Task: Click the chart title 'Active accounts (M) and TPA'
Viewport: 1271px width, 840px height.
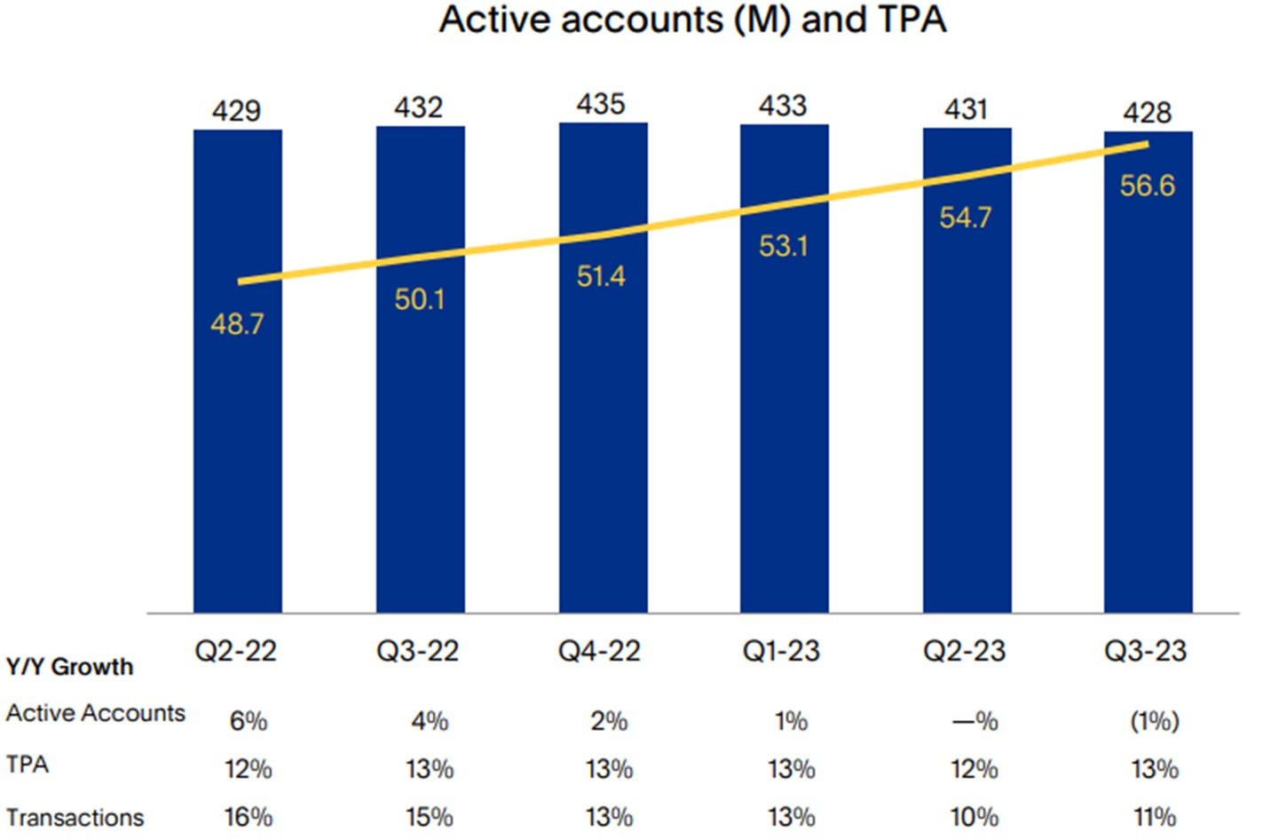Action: (692, 20)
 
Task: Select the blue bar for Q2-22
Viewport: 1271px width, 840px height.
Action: (238, 444)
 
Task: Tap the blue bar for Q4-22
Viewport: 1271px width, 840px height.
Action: (603, 444)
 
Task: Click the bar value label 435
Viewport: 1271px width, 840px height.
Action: (601, 104)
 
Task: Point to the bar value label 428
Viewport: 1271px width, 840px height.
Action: (1147, 113)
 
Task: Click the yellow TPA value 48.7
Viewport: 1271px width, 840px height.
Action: (237, 324)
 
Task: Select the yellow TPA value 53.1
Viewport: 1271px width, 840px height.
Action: (783, 246)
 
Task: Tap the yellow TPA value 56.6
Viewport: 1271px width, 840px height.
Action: (1147, 186)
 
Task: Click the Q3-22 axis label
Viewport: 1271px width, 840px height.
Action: (418, 651)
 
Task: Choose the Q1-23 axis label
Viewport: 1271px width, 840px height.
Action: (781, 651)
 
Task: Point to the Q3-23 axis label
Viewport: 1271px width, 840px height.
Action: (1145, 651)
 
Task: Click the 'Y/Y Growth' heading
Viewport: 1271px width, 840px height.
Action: (69, 667)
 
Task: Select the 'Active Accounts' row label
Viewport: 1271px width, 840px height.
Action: (96, 713)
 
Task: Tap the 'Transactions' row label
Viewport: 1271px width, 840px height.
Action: (75, 817)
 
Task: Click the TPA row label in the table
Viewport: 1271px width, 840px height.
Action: (28, 765)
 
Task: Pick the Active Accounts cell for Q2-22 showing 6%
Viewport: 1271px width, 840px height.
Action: (249, 721)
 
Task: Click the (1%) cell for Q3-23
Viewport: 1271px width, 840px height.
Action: (1154, 721)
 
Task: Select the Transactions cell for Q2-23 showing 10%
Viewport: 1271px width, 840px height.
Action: (974, 817)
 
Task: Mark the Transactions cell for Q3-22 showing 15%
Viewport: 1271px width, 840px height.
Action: (430, 817)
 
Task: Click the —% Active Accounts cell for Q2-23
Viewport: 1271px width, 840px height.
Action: (975, 721)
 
